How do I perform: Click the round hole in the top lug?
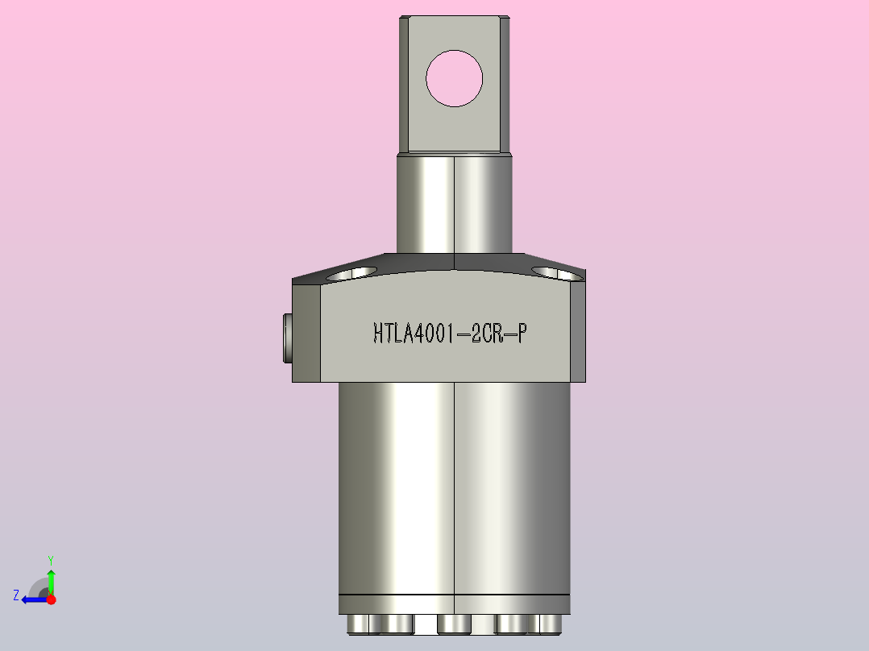(x=454, y=78)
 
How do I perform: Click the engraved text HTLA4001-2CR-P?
(x=450, y=334)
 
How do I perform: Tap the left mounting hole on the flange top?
(x=352, y=272)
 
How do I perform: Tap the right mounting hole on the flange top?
(x=558, y=273)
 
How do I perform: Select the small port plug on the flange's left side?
(x=286, y=338)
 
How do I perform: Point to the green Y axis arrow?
(x=51, y=578)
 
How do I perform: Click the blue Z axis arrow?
(x=32, y=599)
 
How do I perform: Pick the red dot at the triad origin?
(x=51, y=599)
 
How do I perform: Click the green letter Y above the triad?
(x=51, y=559)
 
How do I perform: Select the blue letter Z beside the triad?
(x=16, y=595)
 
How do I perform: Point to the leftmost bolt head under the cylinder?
(x=359, y=624)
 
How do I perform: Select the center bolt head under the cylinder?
(x=454, y=624)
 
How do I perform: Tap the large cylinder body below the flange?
(x=454, y=483)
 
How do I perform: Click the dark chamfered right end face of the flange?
(x=577, y=330)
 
